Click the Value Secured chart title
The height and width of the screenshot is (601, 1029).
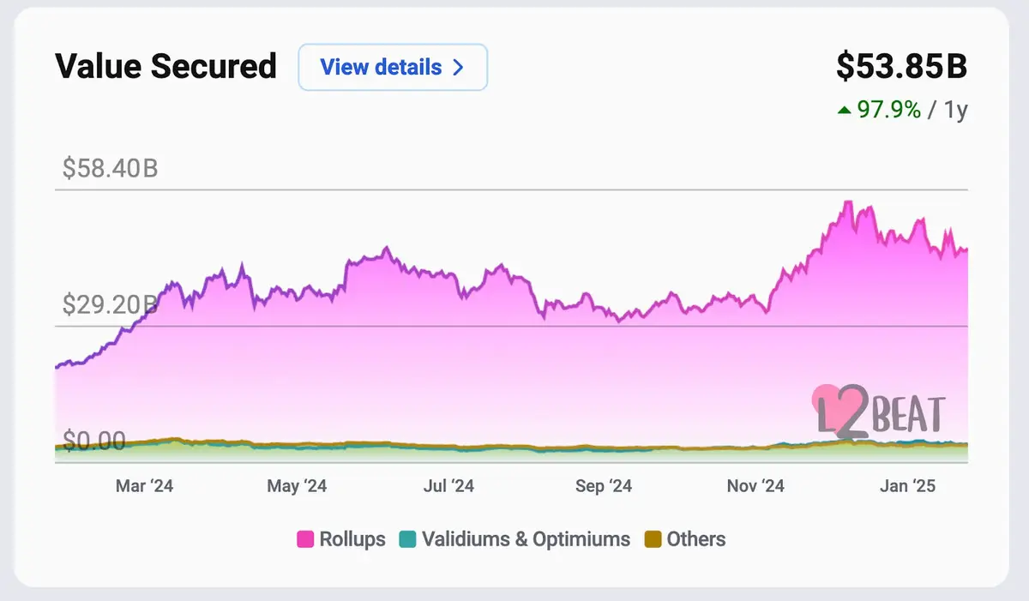point(165,67)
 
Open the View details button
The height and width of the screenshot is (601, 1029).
point(393,67)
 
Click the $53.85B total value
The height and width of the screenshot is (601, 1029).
point(901,67)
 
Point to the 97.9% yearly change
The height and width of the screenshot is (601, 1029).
point(888,110)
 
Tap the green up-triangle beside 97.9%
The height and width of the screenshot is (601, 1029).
point(844,110)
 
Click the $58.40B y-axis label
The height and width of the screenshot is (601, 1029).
point(110,168)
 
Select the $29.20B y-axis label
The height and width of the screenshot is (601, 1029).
point(110,304)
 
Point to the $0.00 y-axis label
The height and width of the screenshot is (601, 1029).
point(94,442)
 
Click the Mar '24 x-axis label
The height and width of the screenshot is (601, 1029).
point(144,486)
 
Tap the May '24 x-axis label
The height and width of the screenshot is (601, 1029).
point(297,486)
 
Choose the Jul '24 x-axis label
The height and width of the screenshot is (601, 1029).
point(448,486)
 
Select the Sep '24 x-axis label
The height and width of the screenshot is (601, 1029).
point(603,486)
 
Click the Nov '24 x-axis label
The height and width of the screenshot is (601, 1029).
point(755,486)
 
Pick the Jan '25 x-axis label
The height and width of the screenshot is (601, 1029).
point(907,486)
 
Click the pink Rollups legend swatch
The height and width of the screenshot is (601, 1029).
point(304,540)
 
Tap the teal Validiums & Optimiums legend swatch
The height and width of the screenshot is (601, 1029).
point(407,540)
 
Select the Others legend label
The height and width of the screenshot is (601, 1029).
point(695,539)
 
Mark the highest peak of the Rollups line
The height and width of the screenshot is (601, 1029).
point(847,201)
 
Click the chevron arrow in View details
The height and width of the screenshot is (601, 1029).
point(458,67)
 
